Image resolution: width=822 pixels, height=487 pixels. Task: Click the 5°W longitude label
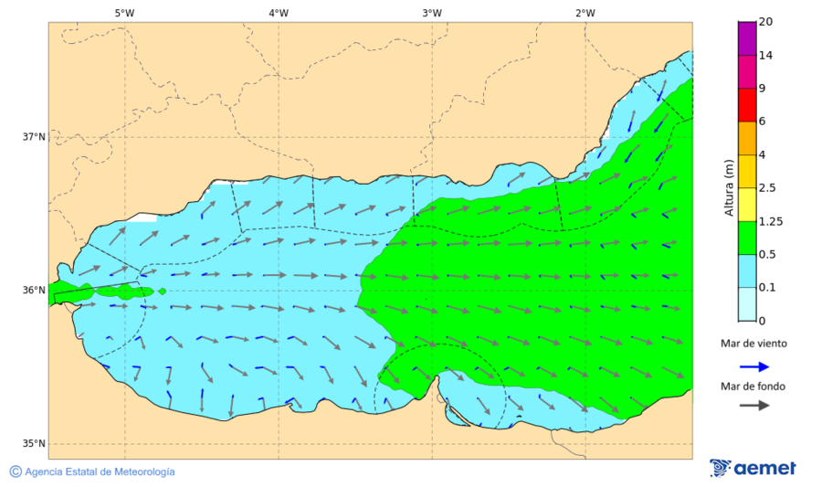124,13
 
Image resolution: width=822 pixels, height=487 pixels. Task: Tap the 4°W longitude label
279,13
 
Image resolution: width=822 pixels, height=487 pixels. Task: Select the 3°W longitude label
432,13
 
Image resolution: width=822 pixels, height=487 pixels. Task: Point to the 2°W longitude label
585,13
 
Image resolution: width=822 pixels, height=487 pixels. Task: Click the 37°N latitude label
34,137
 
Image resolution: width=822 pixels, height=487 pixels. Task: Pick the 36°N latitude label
34,291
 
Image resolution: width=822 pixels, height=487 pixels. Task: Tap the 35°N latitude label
34,444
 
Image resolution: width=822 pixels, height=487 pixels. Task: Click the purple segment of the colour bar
747,38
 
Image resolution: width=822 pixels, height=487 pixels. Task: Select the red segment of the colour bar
747,104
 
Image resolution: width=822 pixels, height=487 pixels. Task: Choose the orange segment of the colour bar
747,138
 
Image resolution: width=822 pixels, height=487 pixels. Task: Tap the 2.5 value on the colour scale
766,188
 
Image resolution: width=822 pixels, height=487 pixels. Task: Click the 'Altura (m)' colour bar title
729,187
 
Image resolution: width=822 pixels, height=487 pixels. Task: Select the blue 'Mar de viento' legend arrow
753,365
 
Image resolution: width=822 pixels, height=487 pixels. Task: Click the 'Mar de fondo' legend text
753,386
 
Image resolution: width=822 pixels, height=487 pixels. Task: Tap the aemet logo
753,468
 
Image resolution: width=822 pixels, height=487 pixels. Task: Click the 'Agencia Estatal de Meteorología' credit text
100,471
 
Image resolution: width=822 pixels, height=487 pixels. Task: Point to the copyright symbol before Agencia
16,471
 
